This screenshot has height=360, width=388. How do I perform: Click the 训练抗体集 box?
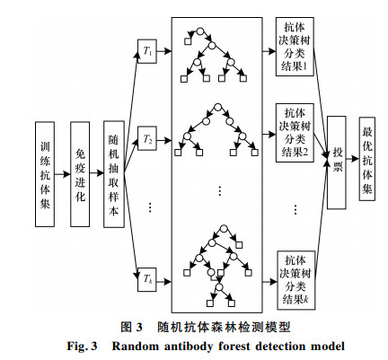[x=45, y=174]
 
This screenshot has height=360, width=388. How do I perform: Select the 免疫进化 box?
[x=80, y=174]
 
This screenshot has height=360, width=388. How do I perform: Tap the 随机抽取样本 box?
[x=114, y=174]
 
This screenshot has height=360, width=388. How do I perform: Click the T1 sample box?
[x=147, y=51]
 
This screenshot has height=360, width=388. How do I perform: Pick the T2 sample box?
[x=147, y=138]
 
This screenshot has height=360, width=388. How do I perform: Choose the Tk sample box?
[x=147, y=279]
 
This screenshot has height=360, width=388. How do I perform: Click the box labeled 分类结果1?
[x=295, y=47]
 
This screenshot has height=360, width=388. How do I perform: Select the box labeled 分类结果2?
[x=295, y=133]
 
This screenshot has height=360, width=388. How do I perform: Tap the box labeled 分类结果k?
[x=296, y=280]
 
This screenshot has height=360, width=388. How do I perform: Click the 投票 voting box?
[x=337, y=162]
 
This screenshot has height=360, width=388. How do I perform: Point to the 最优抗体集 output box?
[x=367, y=159]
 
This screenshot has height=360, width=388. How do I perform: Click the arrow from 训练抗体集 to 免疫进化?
[x=62, y=174]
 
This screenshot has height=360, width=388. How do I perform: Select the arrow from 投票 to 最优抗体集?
[x=353, y=159]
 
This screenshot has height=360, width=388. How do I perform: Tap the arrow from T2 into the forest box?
[x=164, y=140]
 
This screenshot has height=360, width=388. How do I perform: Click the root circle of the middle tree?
[x=217, y=107]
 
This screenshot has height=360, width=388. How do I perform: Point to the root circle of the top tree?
[x=200, y=31]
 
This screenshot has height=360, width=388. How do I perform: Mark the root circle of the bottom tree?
[x=224, y=229]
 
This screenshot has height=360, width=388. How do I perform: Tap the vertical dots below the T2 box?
[x=150, y=207]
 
